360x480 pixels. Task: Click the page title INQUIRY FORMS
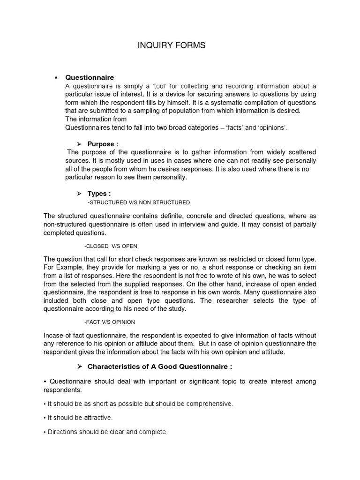point(171,45)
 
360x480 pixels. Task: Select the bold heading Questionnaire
point(89,77)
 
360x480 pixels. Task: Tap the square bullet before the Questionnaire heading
point(56,77)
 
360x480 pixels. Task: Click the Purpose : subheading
point(103,144)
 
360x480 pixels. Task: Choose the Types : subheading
point(99,194)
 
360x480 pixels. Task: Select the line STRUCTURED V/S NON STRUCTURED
point(139,202)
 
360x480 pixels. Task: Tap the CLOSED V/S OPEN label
point(111,246)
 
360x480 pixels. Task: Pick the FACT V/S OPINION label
point(110,322)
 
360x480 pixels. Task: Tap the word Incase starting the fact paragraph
point(55,335)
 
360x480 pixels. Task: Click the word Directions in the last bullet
point(63,432)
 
